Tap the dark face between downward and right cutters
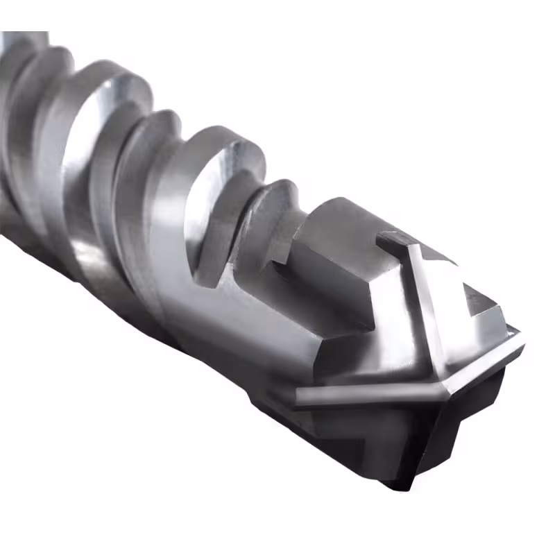click(472, 409)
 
